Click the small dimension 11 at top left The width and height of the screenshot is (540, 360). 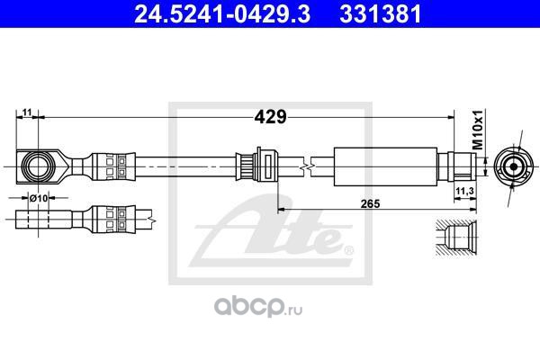[27, 112]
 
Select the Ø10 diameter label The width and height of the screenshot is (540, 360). [38, 197]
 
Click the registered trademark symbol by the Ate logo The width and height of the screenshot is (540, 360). [348, 248]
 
